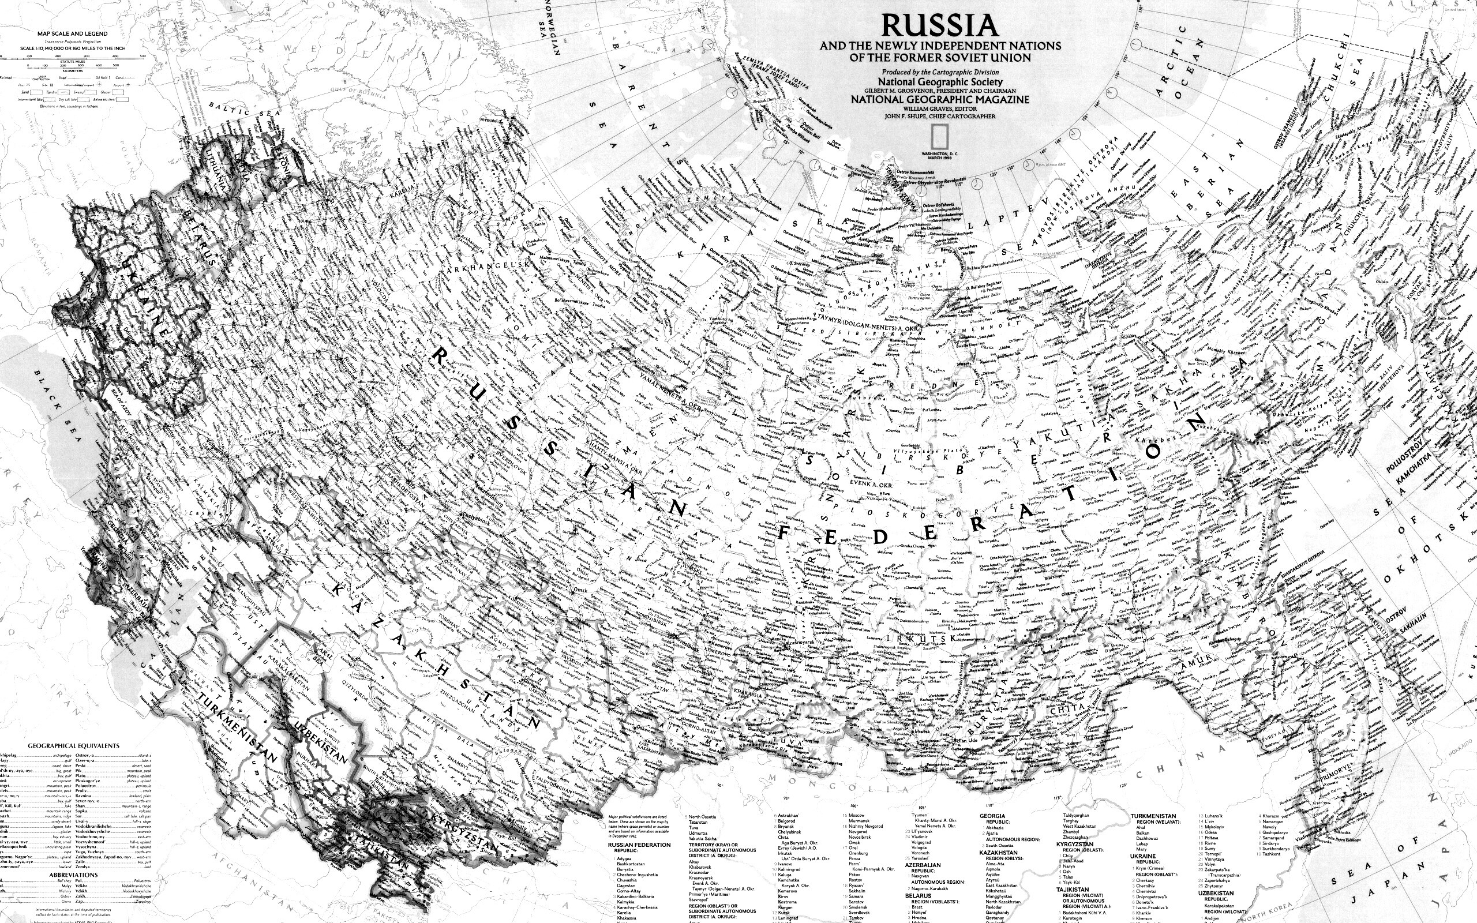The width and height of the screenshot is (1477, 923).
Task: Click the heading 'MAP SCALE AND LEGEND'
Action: pos(72,33)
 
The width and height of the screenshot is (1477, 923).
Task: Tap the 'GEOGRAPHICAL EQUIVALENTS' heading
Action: pos(73,745)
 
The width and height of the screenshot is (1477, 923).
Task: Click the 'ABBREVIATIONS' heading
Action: pos(73,875)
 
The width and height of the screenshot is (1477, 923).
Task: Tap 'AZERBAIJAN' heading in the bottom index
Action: pos(922,865)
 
